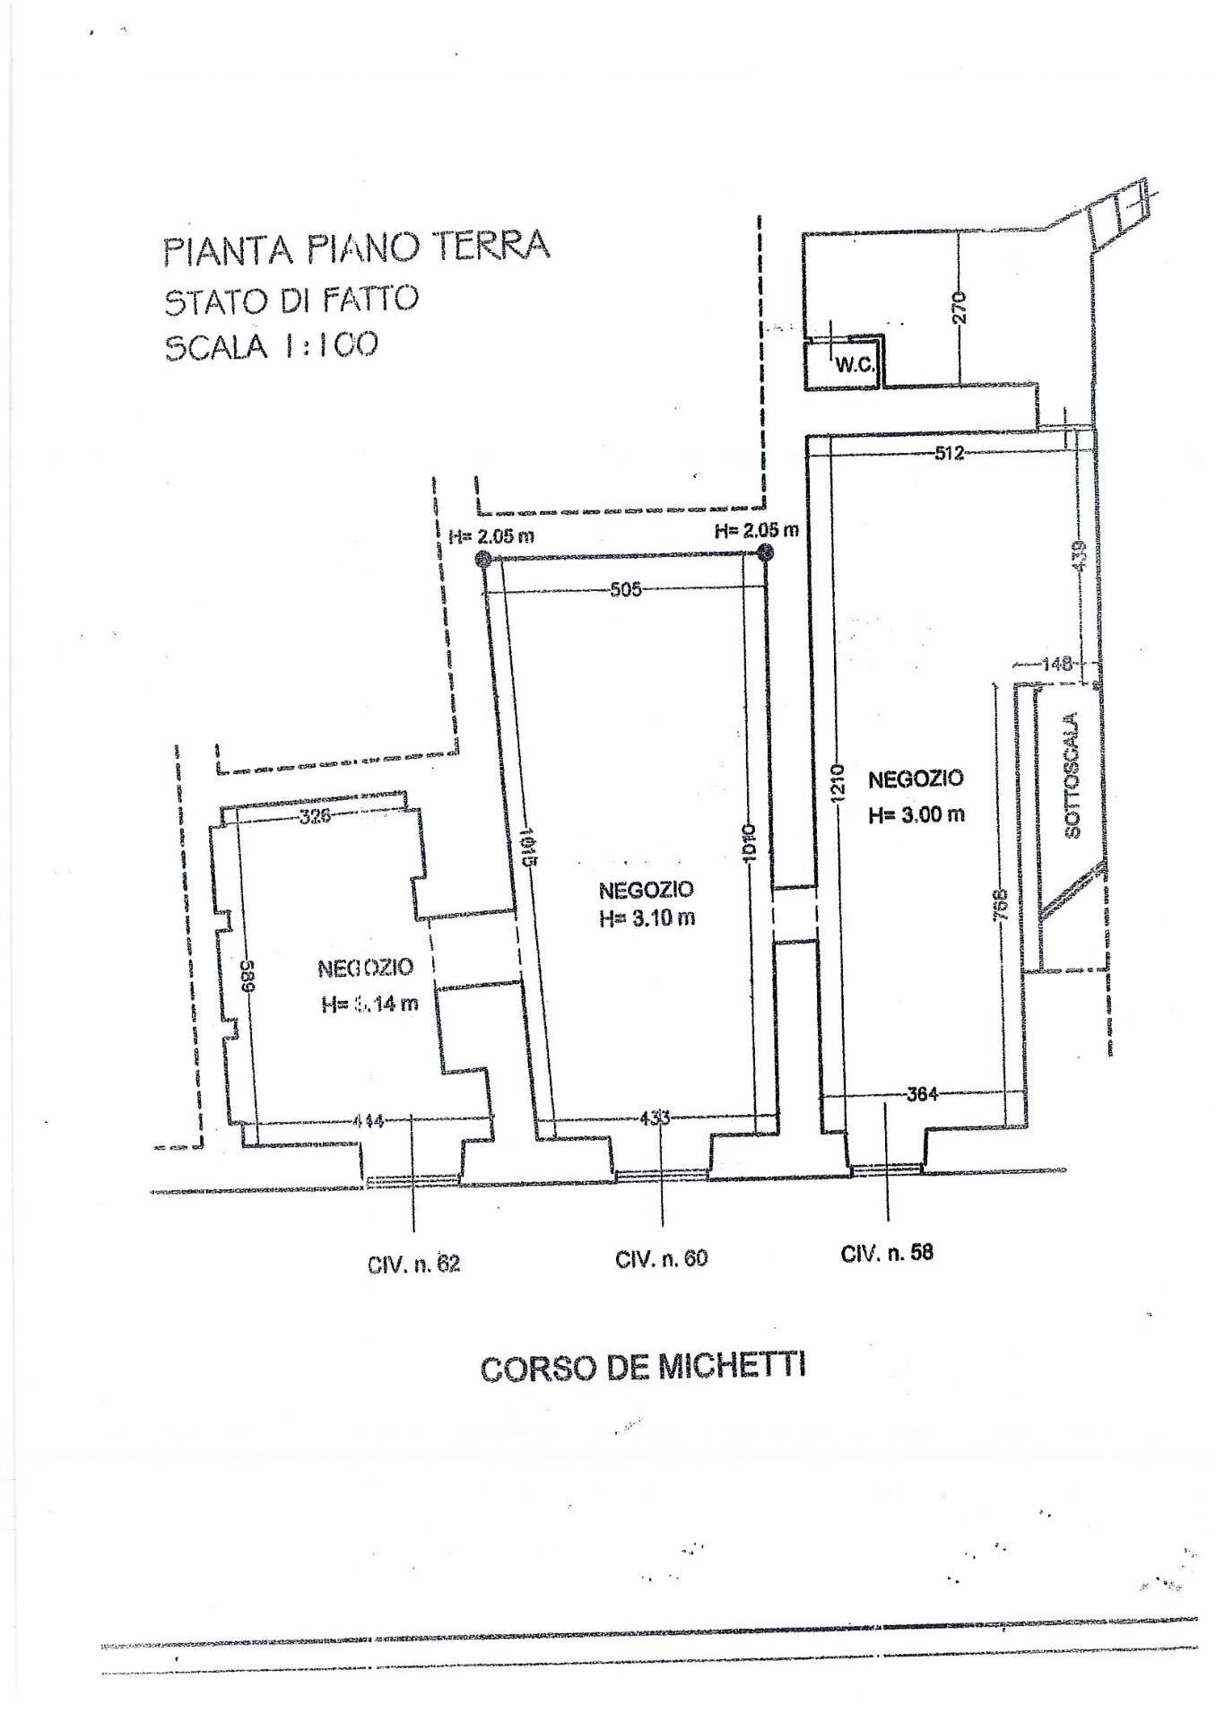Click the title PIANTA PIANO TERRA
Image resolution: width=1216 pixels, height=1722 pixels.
[x=356, y=247]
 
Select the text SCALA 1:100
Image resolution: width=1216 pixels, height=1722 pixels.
[x=270, y=344]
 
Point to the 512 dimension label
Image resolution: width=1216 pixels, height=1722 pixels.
[x=948, y=454]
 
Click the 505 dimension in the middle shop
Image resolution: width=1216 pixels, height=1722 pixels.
[x=625, y=590]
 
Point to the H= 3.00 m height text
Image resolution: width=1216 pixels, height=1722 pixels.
[x=916, y=814]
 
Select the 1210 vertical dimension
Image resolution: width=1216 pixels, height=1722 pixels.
[x=835, y=783]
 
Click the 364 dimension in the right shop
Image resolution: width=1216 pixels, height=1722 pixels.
[x=921, y=1094]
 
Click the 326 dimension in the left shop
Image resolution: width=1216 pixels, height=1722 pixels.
[x=314, y=816]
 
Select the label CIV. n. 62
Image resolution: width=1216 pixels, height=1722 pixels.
[x=413, y=1265]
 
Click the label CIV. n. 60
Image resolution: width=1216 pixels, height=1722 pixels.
[x=661, y=1258]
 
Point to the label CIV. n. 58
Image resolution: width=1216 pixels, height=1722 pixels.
[x=887, y=1252]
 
